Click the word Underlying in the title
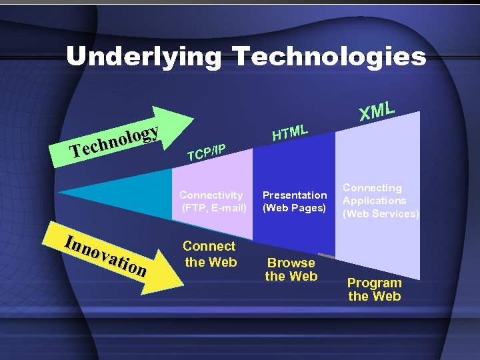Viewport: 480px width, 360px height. click(x=143, y=56)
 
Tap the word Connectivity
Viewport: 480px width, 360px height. click(x=211, y=195)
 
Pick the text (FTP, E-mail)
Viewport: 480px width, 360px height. click(x=213, y=207)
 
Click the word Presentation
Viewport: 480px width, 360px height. click(x=295, y=195)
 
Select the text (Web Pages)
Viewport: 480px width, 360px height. click(x=295, y=207)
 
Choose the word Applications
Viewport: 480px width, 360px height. click(x=375, y=201)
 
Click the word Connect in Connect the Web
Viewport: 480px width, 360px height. click(x=209, y=247)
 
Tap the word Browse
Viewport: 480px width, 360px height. click(x=291, y=263)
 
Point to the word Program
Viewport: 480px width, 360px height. click(x=375, y=283)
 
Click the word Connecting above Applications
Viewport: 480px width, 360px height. click(x=373, y=188)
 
